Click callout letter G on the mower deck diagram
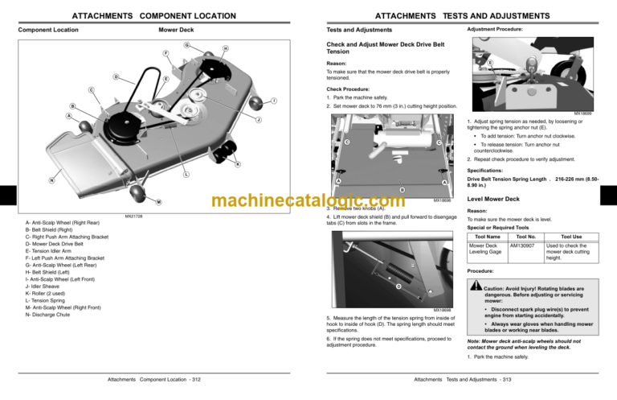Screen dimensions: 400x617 pyautogui.click(x=186, y=43)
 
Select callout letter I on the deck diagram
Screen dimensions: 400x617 pyautogui.click(x=274, y=100)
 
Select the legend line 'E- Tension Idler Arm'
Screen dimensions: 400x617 pyautogui.click(x=55, y=250)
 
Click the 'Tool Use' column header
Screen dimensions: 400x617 pyautogui.click(x=571, y=237)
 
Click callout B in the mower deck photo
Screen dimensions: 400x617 pyautogui.click(x=381, y=189)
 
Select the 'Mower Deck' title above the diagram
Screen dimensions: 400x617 pyautogui.click(x=175, y=30)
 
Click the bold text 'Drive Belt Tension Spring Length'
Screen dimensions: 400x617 pyautogui.click(x=505, y=179)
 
